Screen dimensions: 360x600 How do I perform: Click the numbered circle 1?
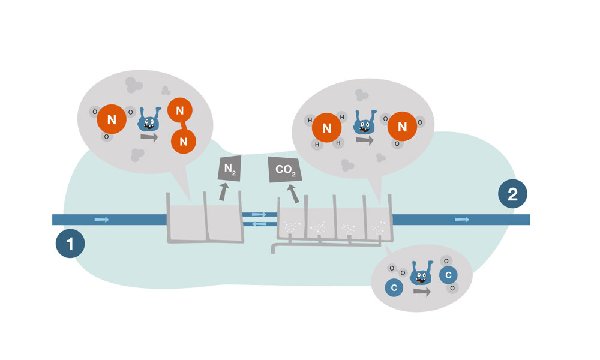70,244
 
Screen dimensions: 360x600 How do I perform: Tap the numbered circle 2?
513,194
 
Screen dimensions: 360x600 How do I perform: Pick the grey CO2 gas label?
283,170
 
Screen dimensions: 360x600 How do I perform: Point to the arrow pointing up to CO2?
293,193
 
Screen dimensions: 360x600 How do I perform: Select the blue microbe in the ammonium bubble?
364,123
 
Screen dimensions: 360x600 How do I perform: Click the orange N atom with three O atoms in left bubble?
112,120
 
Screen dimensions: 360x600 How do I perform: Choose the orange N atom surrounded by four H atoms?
326,128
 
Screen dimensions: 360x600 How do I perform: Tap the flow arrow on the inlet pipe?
102,220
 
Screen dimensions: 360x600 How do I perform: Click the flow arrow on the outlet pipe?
462,220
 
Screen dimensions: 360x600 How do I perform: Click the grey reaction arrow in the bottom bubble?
422,292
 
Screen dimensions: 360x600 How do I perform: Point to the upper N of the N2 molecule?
179,110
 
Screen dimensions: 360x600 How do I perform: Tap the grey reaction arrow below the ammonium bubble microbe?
364,140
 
